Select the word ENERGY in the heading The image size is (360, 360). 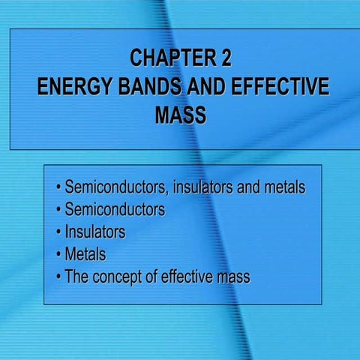(x=75, y=87)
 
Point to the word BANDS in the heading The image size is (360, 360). (x=149, y=87)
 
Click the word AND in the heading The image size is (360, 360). (x=203, y=87)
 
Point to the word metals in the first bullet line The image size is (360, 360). (x=284, y=187)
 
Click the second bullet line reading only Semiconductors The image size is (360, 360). (x=115, y=209)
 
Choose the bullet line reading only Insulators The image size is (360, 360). (x=95, y=232)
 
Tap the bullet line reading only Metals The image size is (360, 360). (x=85, y=254)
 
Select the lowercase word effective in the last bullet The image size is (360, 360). (x=184, y=277)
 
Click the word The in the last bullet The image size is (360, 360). (x=77, y=277)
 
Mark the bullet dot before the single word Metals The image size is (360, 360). (x=58, y=255)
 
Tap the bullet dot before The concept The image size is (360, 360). (x=58, y=277)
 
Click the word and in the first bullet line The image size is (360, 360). (x=247, y=187)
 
